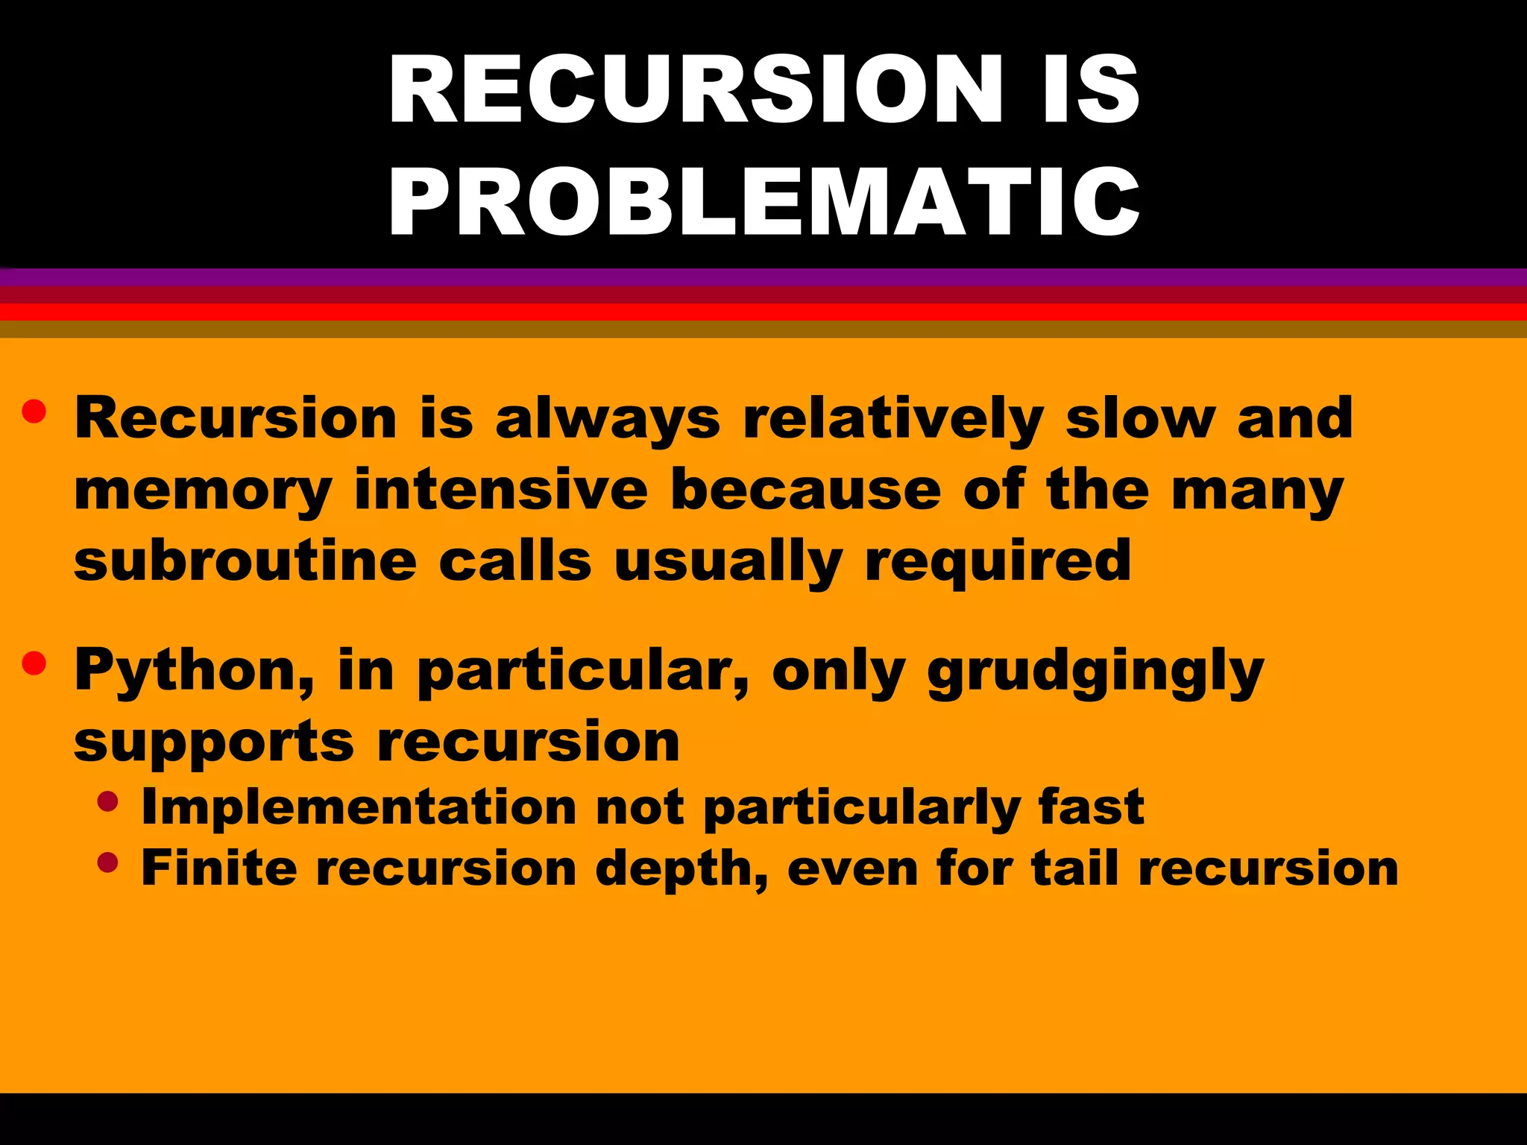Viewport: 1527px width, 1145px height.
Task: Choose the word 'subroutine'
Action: tap(245, 561)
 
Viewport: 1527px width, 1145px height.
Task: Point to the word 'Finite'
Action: tap(218, 868)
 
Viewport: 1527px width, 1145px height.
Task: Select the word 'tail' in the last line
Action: tap(1074, 868)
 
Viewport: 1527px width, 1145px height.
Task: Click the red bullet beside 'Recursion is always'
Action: tap(34, 411)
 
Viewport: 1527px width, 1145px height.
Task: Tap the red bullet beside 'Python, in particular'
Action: tap(34, 663)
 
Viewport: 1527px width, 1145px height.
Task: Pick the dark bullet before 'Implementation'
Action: tap(108, 801)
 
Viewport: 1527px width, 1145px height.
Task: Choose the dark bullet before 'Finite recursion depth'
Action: tap(108, 862)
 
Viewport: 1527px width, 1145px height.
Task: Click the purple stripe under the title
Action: tap(763, 277)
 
